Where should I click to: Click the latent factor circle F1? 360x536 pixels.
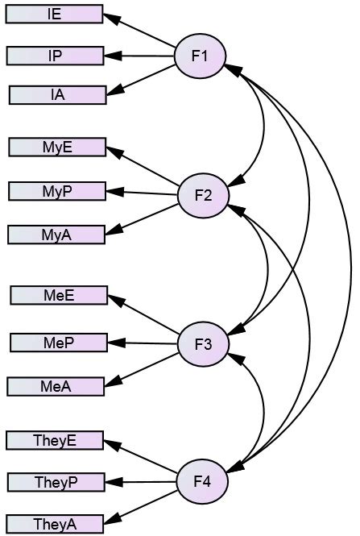coord(201,56)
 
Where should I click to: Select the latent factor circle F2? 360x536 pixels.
coord(203,195)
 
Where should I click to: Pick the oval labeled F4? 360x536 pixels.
coord(202,482)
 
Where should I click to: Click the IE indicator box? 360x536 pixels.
coord(55,14)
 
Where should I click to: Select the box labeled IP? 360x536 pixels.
coord(55,56)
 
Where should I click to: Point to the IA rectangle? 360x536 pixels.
coord(57,95)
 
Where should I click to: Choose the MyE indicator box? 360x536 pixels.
coord(57,147)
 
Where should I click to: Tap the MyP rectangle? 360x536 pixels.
coord(57,191)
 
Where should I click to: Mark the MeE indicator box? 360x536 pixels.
coord(59,296)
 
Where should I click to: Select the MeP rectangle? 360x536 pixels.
coord(59,343)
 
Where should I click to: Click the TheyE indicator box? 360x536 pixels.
coord(55,441)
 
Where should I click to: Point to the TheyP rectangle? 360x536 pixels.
coord(56,482)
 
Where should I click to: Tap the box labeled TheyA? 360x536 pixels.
coord(56,525)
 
